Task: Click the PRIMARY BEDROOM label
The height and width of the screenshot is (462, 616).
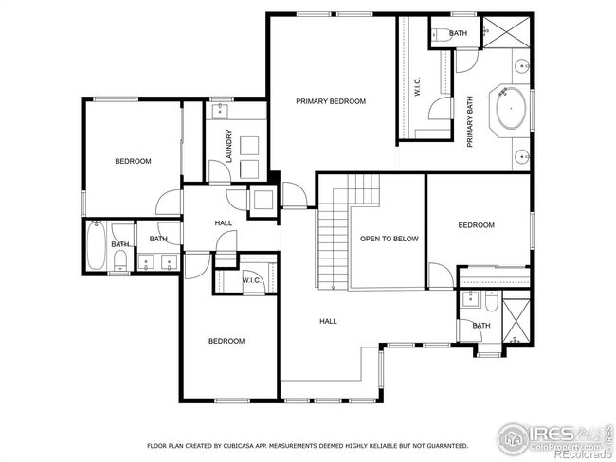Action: pos(331,101)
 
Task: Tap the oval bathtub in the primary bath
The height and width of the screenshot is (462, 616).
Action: pos(511,108)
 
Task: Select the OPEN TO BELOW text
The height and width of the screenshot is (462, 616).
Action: pos(390,239)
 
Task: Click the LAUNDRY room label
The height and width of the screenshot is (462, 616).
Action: pos(229,146)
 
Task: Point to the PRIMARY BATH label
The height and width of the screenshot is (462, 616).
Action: pos(469,122)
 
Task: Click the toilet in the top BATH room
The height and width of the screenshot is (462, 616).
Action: pos(441,34)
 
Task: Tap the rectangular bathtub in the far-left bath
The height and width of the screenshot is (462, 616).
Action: pos(96,246)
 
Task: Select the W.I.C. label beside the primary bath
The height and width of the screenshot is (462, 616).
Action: pos(417,86)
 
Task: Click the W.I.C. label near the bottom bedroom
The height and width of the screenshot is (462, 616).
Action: pos(251,280)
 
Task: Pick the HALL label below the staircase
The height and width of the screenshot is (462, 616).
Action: pos(328,321)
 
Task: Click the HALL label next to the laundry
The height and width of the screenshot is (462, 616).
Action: pos(223,223)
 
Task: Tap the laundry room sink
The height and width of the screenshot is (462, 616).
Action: pos(220,111)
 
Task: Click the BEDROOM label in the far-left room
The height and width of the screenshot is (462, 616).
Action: pos(133,161)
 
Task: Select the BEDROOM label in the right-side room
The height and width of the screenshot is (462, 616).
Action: pos(476,225)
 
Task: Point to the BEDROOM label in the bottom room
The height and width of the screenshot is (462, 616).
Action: pos(226,341)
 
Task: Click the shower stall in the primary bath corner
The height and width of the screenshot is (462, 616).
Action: pos(506,32)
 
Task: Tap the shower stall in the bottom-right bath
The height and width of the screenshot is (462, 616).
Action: pos(516,321)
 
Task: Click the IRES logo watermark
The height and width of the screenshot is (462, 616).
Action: pos(554,439)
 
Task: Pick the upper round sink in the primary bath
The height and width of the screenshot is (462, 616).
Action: pos(522,66)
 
